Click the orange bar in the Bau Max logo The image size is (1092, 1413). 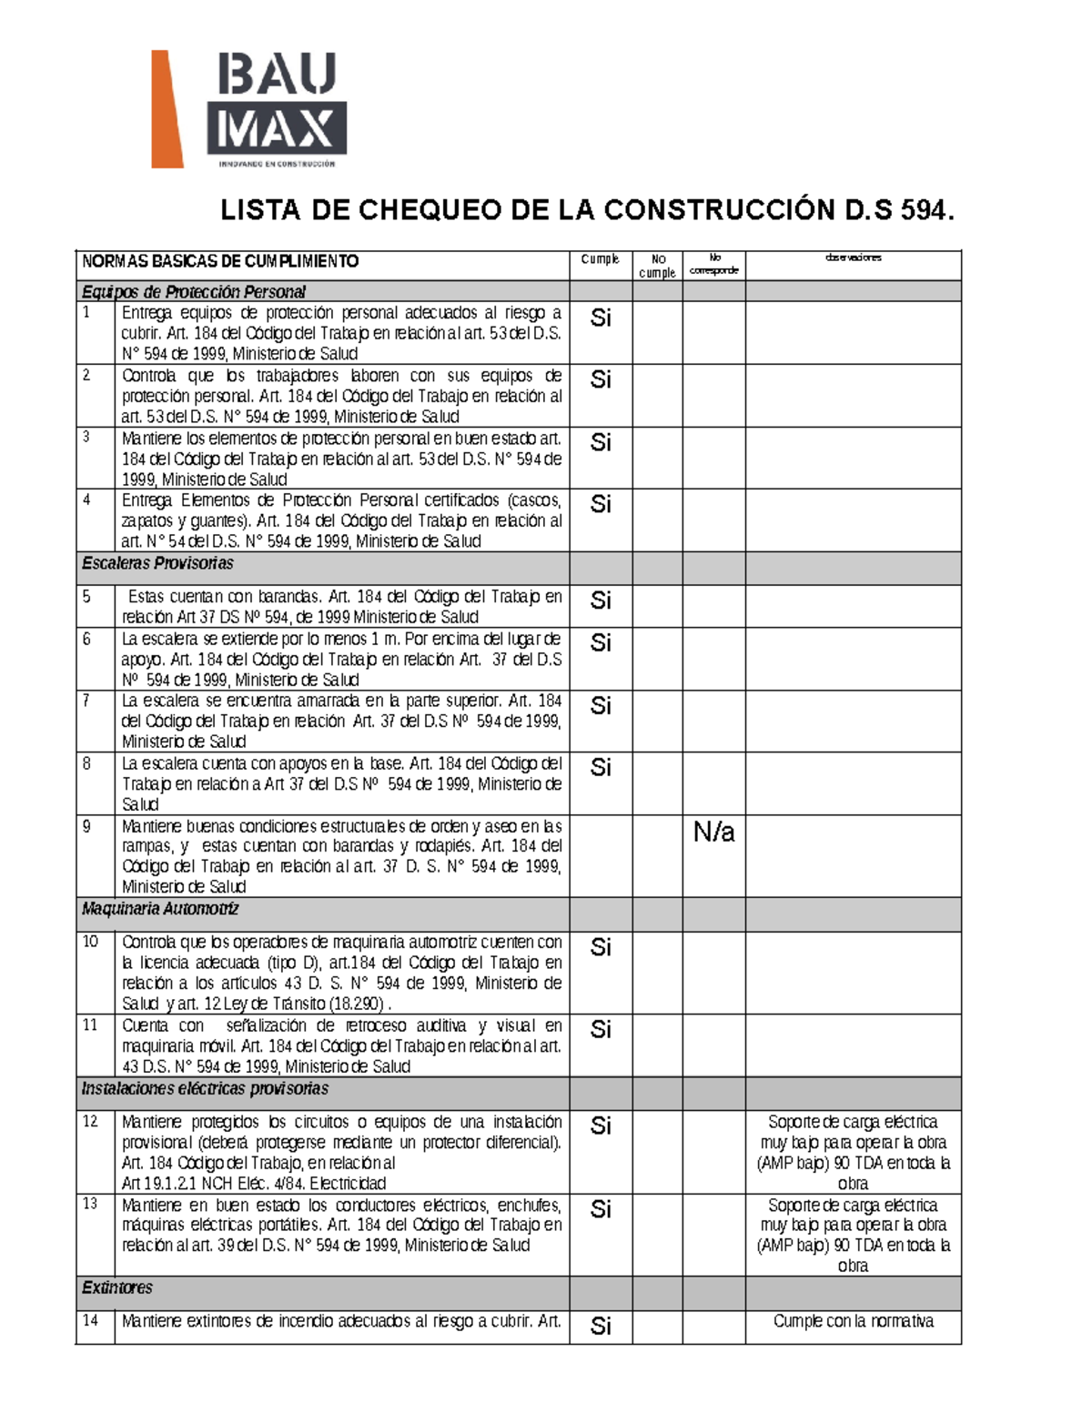[167, 110]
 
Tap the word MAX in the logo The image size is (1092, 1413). [276, 129]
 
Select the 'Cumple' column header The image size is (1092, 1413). [600, 259]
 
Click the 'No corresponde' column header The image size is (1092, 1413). [714, 264]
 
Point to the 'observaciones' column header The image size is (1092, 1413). [853, 257]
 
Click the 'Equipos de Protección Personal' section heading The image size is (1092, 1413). [193, 292]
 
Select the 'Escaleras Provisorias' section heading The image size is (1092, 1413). [157, 563]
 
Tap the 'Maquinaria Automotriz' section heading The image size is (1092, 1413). [160, 909]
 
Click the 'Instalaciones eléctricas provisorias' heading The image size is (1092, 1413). [205, 1089]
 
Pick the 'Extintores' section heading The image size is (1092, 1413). [117, 1287]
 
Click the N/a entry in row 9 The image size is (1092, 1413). [713, 832]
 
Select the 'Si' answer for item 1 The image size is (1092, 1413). [601, 318]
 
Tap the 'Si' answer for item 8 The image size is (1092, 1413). [601, 768]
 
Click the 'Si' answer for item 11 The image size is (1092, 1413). [601, 1029]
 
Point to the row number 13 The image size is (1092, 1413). [90, 1204]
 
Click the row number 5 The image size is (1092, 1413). [86, 597]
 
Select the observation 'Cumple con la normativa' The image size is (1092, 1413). [853, 1321]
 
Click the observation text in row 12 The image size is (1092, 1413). [853, 1153]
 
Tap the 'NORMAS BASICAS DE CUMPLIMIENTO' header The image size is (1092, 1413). [220, 262]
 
